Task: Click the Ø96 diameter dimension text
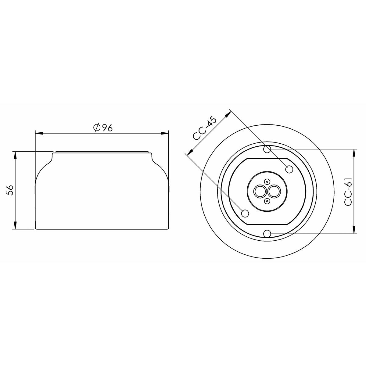point(103,128)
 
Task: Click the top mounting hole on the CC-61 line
point(267,149)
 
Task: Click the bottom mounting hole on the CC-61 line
point(267,234)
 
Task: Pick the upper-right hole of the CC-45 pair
point(289,169)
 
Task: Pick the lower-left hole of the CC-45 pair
point(245,213)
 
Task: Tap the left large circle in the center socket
point(260,192)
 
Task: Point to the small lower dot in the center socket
point(267,201)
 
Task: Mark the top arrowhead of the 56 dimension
point(15,155)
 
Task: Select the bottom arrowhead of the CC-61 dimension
point(354,230)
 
